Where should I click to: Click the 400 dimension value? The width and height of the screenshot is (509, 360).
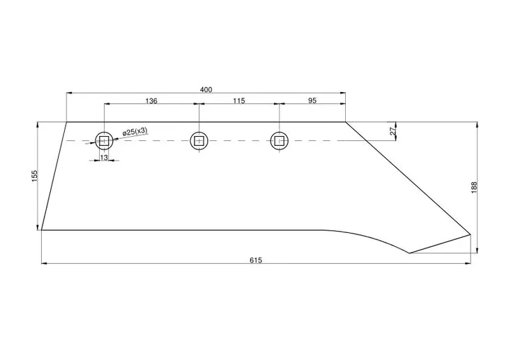point(206,89)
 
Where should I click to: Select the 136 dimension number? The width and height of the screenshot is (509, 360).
point(151,101)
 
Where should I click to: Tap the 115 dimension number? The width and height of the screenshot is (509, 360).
point(238,101)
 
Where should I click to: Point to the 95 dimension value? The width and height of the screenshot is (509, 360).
point(312,101)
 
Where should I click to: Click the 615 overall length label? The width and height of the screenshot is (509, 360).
point(255,260)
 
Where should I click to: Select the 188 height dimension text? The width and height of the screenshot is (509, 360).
point(473,188)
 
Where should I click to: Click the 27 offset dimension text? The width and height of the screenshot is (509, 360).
point(393,130)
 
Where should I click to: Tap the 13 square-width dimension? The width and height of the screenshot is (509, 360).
point(104,158)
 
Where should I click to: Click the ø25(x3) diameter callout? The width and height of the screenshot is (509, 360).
point(135,131)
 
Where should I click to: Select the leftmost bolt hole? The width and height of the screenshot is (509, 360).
point(104,141)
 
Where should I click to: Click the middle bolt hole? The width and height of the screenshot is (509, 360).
point(199,141)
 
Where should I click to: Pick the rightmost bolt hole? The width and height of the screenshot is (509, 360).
point(279,141)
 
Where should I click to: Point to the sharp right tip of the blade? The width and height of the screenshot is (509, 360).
point(471,234)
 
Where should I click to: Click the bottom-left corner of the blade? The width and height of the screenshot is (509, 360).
point(42,230)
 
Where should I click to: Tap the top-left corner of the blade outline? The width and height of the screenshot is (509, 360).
point(67,122)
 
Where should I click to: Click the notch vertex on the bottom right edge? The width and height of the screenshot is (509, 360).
point(409,253)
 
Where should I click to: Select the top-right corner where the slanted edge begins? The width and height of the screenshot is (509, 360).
point(346,122)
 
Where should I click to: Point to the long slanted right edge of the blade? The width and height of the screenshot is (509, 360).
point(408,178)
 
